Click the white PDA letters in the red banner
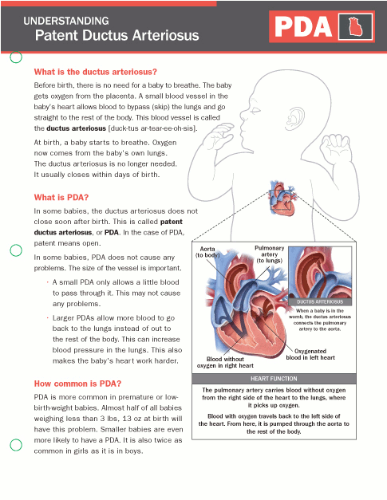click(304, 29)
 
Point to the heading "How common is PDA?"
click(77, 384)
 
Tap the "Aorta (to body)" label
click(208, 253)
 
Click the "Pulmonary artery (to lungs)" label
click(269, 253)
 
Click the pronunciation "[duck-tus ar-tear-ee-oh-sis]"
click(144, 128)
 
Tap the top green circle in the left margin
click(15, 57)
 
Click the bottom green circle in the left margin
click(15, 445)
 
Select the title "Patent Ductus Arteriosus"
click(116, 36)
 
